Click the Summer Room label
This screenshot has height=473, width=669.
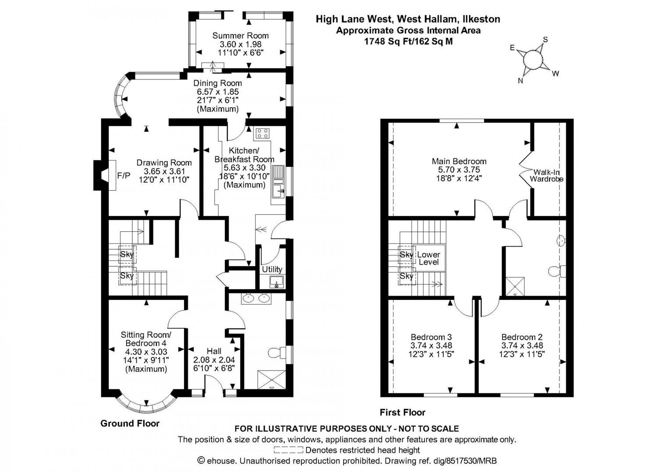pyautogui.click(x=241, y=35)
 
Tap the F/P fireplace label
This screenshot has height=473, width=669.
pyautogui.click(x=124, y=176)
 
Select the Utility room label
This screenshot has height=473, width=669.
pyautogui.click(x=272, y=269)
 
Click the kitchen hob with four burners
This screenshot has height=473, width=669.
pyautogui.click(x=263, y=133)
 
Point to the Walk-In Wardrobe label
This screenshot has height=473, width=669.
pyautogui.click(x=546, y=176)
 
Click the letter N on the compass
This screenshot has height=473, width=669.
pyautogui.click(x=520, y=81)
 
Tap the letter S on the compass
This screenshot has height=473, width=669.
pyautogui.click(x=545, y=39)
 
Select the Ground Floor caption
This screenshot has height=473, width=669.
pyautogui.click(x=130, y=423)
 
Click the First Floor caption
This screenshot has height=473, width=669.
pyautogui.click(x=402, y=412)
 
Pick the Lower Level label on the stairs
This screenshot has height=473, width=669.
pyautogui.click(x=428, y=258)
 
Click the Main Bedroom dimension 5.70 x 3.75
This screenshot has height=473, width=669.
pyautogui.click(x=459, y=170)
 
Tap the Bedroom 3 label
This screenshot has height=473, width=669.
pyautogui.click(x=431, y=337)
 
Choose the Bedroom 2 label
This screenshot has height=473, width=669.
pyautogui.click(x=522, y=337)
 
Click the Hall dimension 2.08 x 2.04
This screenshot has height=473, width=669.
pyautogui.click(x=214, y=360)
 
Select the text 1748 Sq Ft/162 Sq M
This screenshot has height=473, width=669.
pyautogui.click(x=408, y=42)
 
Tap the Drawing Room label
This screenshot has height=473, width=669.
pyautogui.click(x=164, y=162)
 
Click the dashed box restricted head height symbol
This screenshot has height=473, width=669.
pyautogui.click(x=288, y=450)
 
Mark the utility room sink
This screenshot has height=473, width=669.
pyautogui.click(x=276, y=282)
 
